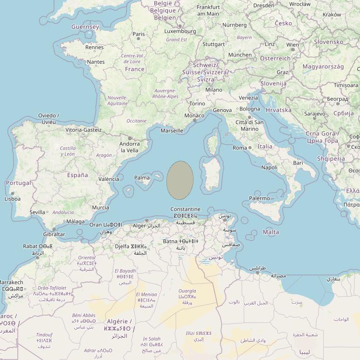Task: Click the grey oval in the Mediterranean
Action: (180, 180)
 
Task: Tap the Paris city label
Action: (139, 34)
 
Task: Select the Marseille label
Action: (172, 131)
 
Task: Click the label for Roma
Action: (239, 148)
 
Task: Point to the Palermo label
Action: (259, 198)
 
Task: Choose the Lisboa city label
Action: (12, 198)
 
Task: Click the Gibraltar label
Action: (54, 235)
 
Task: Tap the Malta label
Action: (271, 232)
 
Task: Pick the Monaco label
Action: (194, 116)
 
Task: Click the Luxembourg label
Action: (180, 31)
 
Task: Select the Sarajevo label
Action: (315, 114)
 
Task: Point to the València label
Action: (109, 179)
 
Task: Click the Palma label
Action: (142, 178)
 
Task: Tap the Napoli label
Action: (269, 167)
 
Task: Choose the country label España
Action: (77, 175)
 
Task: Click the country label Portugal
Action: (18, 183)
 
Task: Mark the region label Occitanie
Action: (136, 121)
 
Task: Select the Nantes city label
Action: (96, 62)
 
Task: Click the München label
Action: (240, 55)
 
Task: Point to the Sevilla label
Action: (37, 212)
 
